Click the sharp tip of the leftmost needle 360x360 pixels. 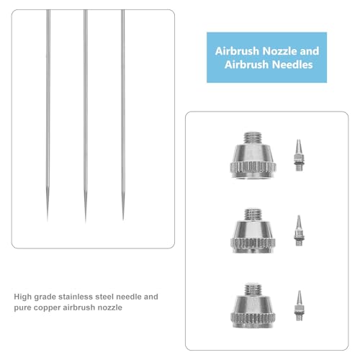(48, 220)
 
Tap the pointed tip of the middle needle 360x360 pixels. (85, 222)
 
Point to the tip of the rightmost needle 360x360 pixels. (123, 220)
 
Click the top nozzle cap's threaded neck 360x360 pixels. (252, 138)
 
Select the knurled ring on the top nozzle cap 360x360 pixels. (253, 167)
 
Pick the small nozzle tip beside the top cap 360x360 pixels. (298, 155)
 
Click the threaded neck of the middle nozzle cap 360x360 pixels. (253, 215)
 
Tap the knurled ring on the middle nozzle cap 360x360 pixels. (253, 243)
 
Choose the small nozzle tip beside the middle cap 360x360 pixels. (299, 230)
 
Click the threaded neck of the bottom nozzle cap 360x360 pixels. (253, 290)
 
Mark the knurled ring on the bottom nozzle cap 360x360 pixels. (253, 318)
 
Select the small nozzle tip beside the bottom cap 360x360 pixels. (299, 305)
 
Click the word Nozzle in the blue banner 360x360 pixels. (279, 51)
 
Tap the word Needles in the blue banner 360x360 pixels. (292, 65)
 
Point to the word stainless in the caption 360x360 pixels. (76, 297)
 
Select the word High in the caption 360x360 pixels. (23, 297)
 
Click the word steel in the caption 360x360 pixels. (104, 297)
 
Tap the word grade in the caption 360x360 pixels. (45, 297)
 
